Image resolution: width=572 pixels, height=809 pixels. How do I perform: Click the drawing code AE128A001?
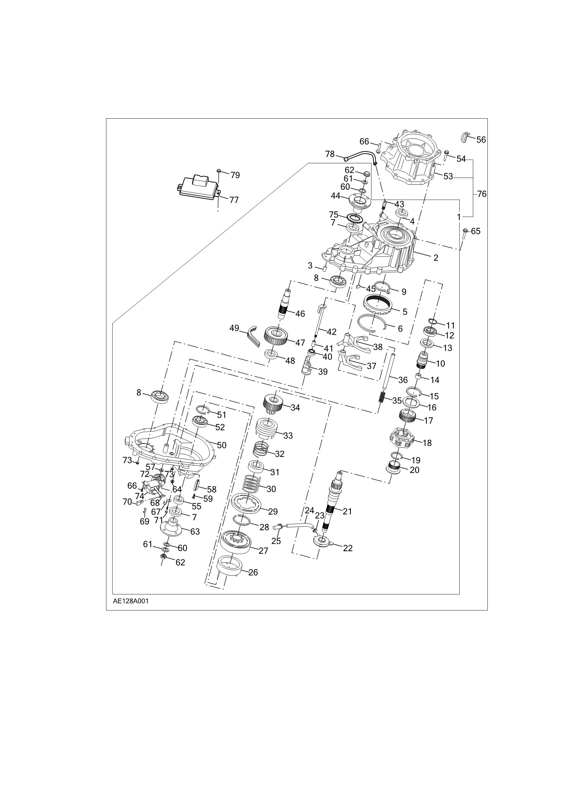[x=131, y=601]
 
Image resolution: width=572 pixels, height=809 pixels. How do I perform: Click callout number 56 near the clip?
[x=481, y=140]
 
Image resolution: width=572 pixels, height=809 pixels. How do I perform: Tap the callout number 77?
[x=234, y=200]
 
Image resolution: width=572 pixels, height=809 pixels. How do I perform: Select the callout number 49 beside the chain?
[x=234, y=328]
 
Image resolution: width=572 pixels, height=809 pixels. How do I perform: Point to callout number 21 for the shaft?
[x=347, y=511]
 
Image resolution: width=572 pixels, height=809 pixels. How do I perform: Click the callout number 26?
[x=253, y=572]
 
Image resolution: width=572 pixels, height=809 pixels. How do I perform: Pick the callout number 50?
[x=221, y=445]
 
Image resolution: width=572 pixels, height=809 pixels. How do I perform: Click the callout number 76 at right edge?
[x=482, y=194]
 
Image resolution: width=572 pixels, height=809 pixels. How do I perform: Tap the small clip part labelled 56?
[x=465, y=137]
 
